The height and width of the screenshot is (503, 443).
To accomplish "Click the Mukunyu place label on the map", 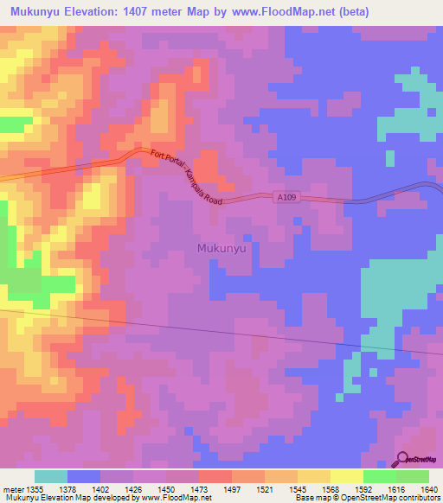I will (222, 248).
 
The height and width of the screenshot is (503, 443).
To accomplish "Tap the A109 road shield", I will (290, 197).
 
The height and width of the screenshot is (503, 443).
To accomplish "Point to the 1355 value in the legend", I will (31, 489).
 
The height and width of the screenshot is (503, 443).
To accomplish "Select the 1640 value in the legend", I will (428, 489).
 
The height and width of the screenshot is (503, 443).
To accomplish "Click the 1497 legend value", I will (231, 489).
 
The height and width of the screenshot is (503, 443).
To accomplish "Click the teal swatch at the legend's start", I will (51, 476).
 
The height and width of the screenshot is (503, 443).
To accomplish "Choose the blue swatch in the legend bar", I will (84, 476).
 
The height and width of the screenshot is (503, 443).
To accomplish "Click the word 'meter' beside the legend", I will (11, 489).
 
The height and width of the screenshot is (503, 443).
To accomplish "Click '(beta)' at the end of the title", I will (344, 12).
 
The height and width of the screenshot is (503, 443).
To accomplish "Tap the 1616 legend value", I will (395, 489).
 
